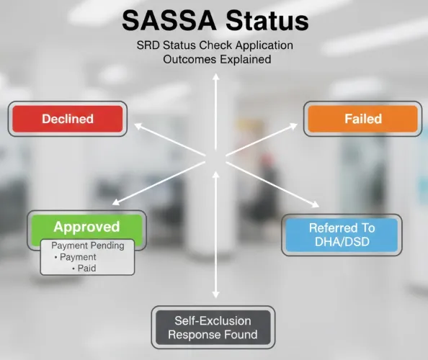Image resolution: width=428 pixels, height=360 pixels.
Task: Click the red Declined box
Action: click(68, 118)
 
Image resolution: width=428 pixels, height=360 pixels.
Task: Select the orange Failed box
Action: click(362, 119)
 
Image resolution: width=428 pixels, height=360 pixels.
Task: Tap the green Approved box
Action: click(86, 227)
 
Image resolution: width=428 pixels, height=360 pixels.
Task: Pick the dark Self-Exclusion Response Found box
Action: click(213, 328)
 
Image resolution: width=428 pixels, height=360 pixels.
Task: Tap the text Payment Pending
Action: click(88, 246)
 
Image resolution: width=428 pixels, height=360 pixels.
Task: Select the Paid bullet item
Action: click(87, 268)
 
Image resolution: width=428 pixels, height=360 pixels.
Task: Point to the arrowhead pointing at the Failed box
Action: click(294, 125)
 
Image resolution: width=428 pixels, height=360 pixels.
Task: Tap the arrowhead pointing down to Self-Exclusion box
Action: click(215, 294)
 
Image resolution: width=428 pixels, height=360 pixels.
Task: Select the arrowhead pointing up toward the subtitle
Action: click(215, 78)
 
